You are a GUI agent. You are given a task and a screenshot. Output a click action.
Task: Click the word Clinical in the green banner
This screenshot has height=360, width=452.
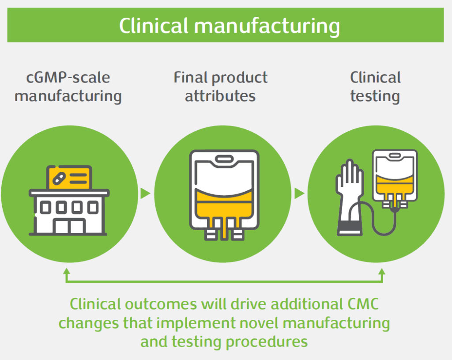click(x=154, y=26)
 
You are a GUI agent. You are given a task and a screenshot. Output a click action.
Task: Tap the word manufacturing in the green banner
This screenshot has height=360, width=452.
click(x=267, y=27)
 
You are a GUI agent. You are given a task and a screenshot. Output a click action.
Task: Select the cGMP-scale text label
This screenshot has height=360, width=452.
click(x=68, y=78)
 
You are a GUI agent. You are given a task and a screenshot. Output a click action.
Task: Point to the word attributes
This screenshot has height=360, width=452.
click(x=220, y=96)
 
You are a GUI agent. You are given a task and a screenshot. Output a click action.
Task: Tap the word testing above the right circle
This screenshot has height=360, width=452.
click(x=375, y=96)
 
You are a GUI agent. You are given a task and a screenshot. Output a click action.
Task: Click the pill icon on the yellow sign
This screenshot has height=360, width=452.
click(x=59, y=178)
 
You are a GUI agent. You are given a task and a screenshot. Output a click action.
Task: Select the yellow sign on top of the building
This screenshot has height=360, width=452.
click(x=69, y=177)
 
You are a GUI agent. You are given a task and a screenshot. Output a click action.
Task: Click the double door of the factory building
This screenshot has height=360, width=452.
click(x=69, y=226)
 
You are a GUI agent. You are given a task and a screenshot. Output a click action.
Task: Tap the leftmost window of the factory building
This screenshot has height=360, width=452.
click(x=45, y=207)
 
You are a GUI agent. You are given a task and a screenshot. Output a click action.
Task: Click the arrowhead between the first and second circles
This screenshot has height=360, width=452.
click(x=145, y=193)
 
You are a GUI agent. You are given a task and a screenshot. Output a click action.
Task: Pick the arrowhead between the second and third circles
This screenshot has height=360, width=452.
click(x=300, y=193)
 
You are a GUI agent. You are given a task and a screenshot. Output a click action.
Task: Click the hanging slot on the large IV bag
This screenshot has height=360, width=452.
click(x=224, y=159)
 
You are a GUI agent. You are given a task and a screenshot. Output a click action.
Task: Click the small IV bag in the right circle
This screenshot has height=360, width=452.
click(x=395, y=178)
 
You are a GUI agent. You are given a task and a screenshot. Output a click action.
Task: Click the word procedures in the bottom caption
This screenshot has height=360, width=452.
click(x=267, y=342)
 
